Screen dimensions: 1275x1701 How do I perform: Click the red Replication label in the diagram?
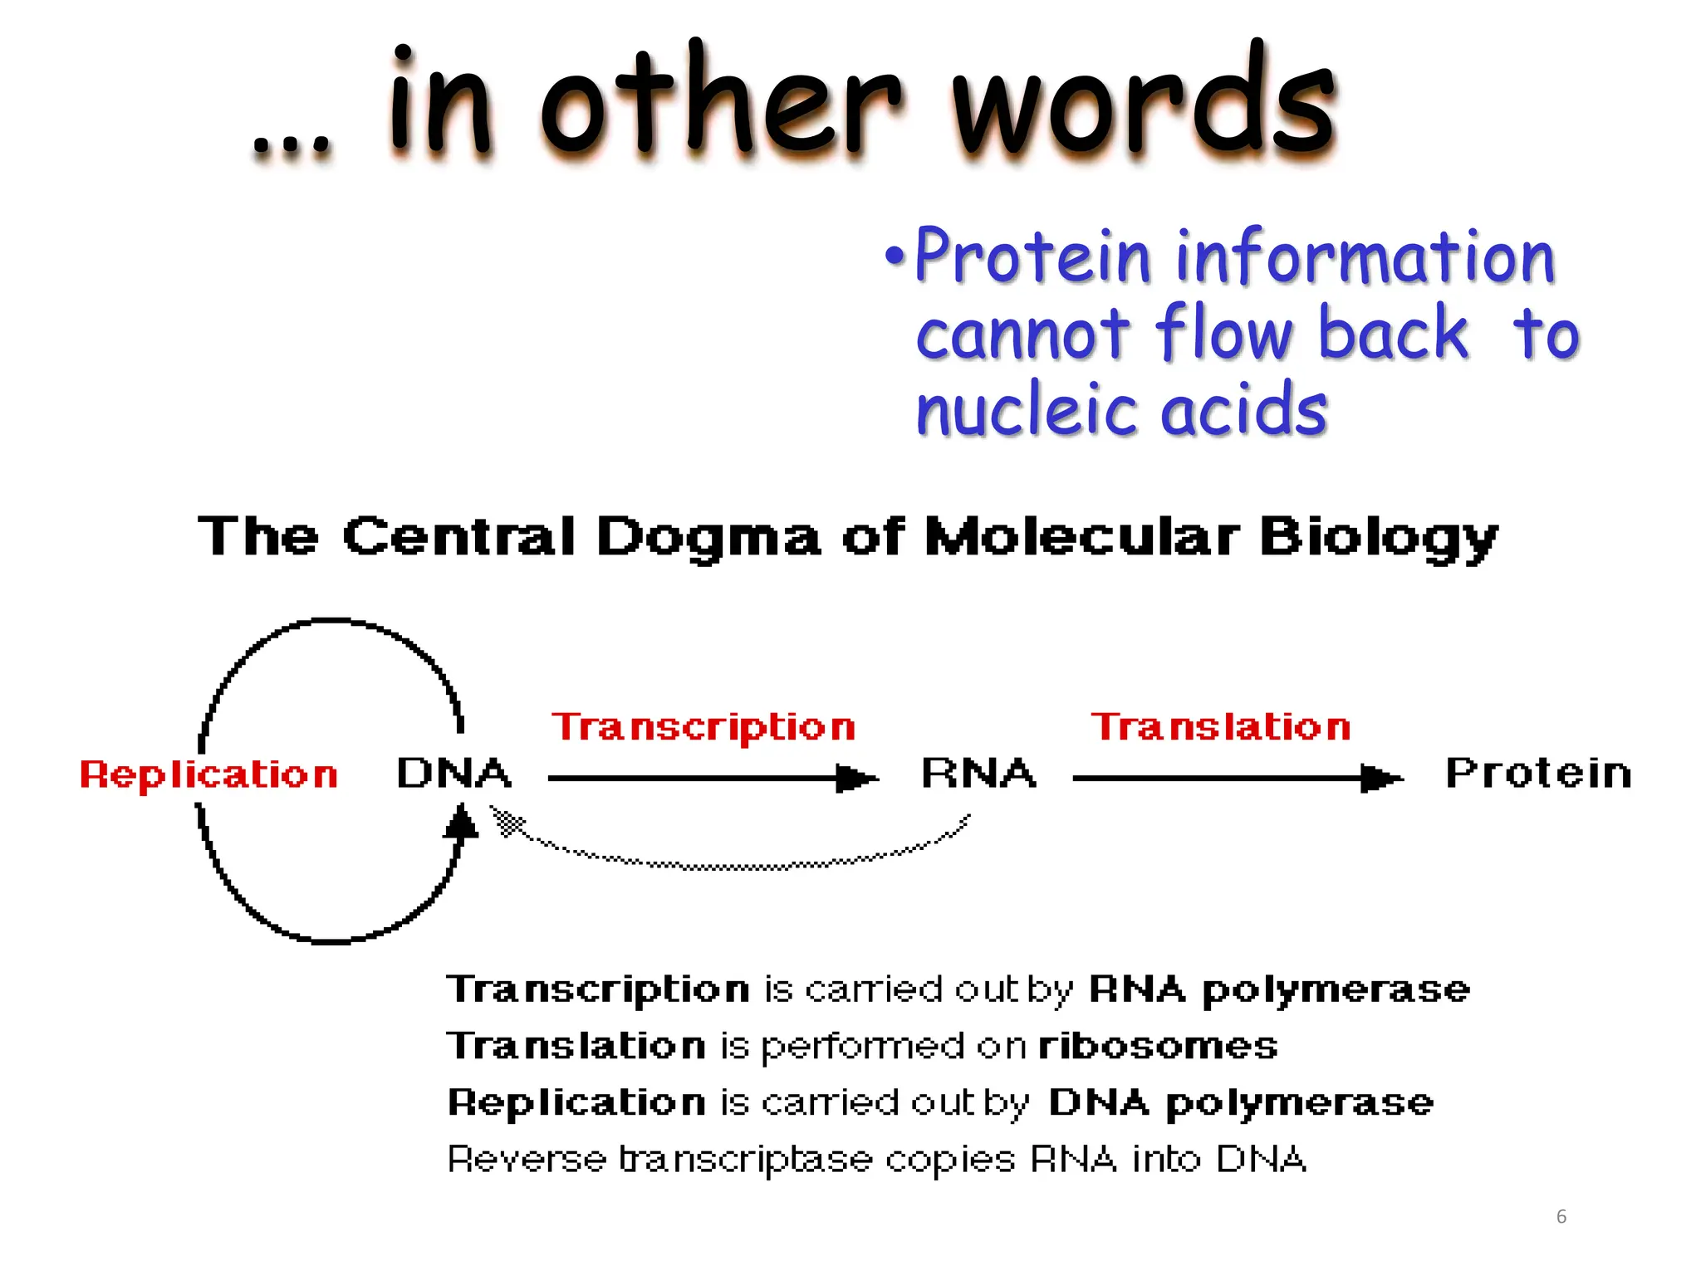[208, 775]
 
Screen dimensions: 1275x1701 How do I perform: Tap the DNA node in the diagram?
[453, 774]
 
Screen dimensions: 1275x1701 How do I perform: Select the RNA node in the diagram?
[979, 774]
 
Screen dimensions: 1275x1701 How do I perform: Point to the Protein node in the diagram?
[1538, 774]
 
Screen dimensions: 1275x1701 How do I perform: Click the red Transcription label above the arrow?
[703, 728]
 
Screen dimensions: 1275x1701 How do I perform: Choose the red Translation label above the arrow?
[1221, 727]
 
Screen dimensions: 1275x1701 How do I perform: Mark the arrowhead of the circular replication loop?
[461, 823]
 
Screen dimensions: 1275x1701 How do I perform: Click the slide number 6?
[1561, 1217]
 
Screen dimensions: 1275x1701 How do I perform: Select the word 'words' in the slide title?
[1144, 104]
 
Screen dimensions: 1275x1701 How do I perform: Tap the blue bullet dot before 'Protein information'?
[894, 256]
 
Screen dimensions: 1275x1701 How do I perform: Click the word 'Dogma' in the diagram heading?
[708, 537]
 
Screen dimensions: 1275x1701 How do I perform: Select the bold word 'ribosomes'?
[1158, 1046]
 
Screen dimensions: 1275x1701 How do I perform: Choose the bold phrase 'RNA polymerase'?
[1279, 989]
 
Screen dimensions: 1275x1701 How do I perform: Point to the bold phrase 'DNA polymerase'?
[1241, 1103]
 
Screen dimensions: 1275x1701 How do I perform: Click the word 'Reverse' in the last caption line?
[527, 1160]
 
